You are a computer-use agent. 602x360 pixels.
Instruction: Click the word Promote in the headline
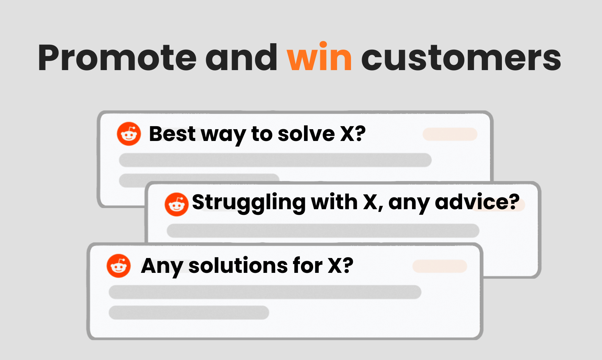118,58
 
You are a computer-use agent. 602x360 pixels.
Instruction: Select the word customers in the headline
461,58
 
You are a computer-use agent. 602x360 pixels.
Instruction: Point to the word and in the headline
241,57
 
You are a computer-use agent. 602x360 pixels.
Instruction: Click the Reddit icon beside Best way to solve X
129,134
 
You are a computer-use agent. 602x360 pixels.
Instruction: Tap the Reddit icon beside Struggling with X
177,205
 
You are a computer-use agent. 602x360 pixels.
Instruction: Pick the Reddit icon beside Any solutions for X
119,266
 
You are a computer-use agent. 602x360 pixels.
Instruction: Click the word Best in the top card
172,133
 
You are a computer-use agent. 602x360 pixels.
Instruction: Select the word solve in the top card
306,133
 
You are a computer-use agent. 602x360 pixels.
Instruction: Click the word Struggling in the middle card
249,203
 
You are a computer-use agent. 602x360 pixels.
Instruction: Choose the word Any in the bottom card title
162,266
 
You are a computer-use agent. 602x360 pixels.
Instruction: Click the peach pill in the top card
450,134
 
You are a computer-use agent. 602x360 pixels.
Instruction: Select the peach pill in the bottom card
440,266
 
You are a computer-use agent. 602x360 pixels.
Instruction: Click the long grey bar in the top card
275,160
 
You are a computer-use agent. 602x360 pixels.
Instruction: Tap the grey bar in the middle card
323,231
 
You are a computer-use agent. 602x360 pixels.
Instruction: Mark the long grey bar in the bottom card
265,292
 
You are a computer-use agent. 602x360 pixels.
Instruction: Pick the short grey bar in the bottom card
189,313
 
